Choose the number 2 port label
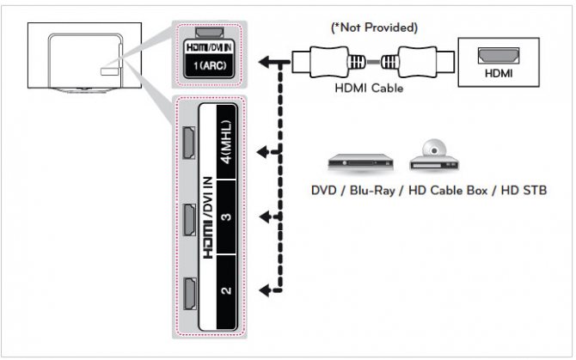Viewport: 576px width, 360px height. pos(225,290)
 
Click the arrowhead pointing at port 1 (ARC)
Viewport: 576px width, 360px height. pos(266,62)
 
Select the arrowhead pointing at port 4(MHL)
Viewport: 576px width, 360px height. pos(267,152)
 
